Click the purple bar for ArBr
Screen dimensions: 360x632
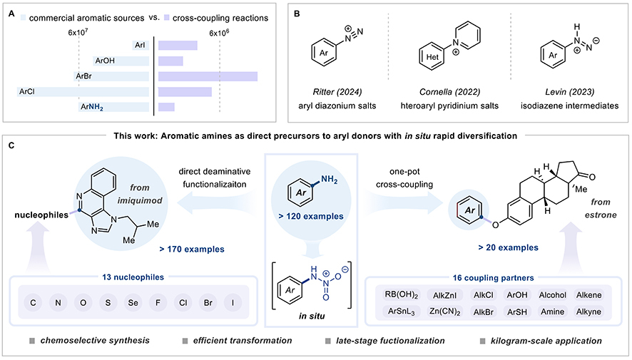[208, 76]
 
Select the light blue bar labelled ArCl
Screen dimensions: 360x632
[83, 91]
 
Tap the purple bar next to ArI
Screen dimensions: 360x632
[178, 46]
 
